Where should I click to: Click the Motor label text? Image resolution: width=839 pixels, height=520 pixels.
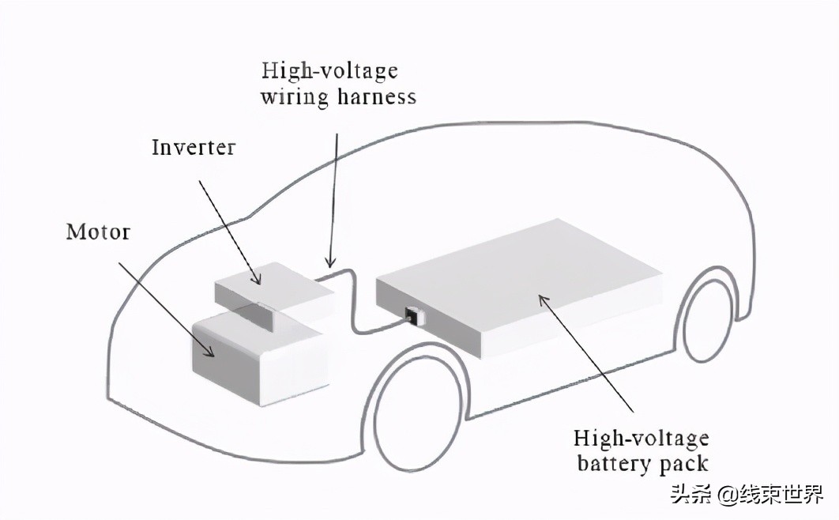(98, 232)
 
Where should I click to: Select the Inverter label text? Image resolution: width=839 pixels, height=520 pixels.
(194, 147)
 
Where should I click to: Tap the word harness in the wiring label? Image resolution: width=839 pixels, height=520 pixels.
(374, 98)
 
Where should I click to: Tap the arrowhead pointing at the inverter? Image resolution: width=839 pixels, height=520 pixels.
(255, 278)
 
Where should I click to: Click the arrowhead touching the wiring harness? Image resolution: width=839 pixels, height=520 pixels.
(330, 262)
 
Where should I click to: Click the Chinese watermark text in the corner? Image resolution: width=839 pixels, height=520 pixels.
(746, 496)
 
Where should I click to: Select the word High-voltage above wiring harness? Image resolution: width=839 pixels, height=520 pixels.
(329, 71)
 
